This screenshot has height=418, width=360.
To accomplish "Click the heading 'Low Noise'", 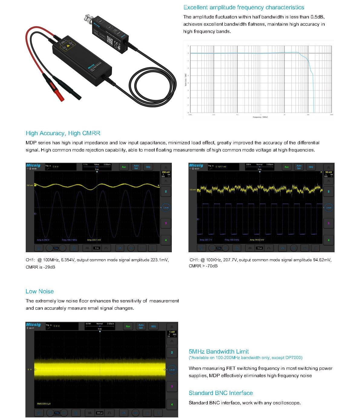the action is coord(40,291).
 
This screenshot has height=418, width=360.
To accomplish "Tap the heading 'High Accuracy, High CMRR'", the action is coord(63,133).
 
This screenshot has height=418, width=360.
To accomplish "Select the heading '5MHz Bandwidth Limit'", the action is coord(218,351).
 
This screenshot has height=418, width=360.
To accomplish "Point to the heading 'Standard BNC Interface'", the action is coord(221,393).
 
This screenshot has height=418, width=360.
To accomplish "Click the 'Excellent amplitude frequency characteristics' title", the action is coord(244,7).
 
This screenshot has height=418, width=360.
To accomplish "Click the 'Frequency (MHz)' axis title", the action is coord(260,117).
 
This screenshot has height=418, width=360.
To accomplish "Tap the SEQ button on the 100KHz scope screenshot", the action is coord(311,167).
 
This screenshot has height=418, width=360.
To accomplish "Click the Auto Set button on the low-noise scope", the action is coord(141,326).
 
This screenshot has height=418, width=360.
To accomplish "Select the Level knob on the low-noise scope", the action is coord(172,370).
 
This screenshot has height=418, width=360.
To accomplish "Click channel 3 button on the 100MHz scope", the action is coord(166,223).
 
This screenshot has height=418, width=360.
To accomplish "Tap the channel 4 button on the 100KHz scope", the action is coord(329,240).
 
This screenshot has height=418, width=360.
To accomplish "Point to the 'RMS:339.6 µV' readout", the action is coord(44,404).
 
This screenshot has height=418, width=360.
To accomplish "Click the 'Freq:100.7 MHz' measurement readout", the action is coord(69,240).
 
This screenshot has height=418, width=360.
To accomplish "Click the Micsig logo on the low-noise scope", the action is coord(33,325).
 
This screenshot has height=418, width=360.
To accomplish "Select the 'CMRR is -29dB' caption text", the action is coord(40,267).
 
